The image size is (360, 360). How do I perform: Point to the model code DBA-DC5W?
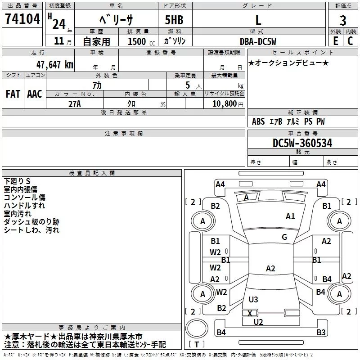(258, 41)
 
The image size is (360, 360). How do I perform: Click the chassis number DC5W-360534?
(302, 143)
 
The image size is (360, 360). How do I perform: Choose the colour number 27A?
(74, 104)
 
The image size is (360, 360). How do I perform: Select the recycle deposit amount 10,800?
(224, 104)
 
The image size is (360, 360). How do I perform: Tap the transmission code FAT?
(13, 94)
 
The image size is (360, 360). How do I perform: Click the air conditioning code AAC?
(35, 94)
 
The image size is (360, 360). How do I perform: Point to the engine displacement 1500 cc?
(140, 41)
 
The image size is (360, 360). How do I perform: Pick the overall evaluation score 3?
(343, 21)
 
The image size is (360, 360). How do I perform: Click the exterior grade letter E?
(335, 41)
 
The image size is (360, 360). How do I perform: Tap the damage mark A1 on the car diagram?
(290, 216)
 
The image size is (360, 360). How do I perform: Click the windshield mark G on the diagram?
(284, 237)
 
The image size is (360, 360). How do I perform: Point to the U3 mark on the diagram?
(253, 299)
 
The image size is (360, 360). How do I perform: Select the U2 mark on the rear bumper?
(258, 322)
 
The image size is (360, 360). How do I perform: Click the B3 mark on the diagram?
(321, 333)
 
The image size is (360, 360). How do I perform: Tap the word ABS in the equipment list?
(258, 121)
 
